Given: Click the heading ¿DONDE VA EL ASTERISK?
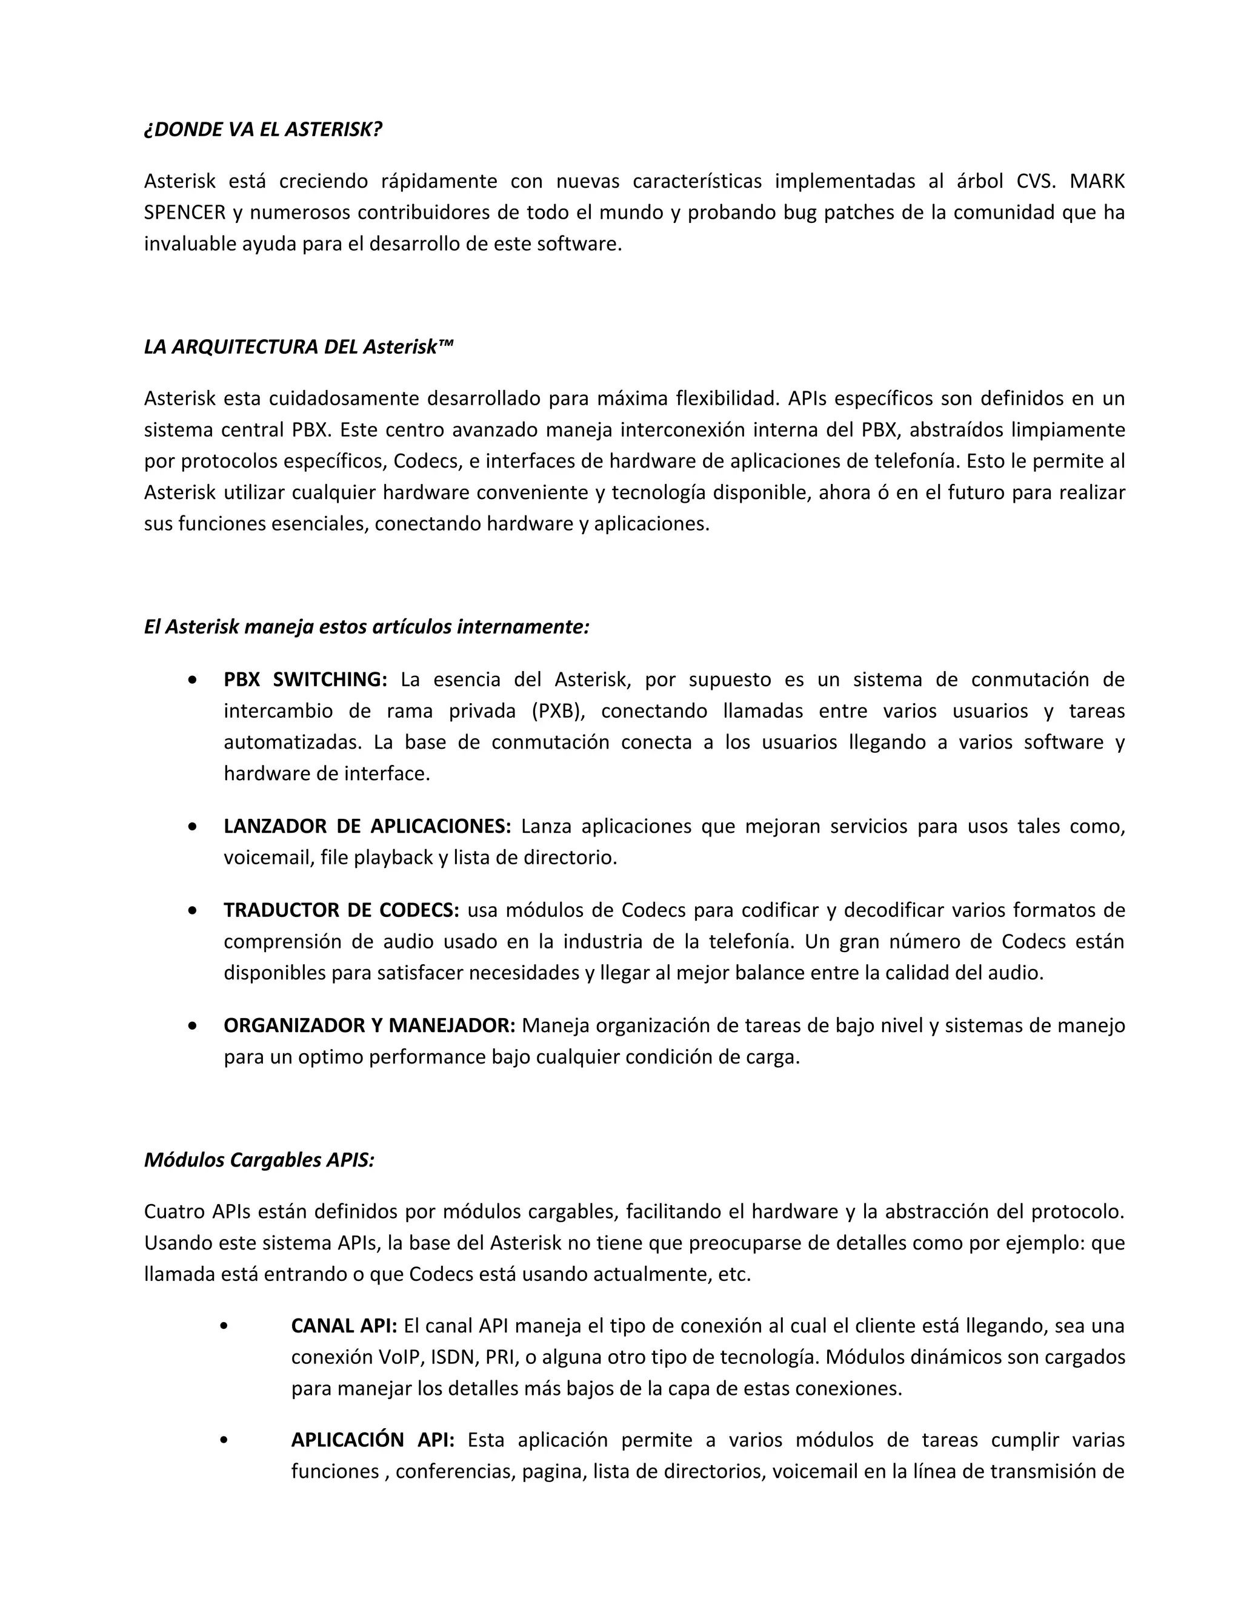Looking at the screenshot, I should [x=263, y=130].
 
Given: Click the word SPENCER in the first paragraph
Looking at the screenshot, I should [x=185, y=213].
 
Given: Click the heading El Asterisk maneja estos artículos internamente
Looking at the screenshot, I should [x=367, y=627].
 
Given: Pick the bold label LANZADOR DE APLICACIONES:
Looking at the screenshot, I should [x=367, y=826].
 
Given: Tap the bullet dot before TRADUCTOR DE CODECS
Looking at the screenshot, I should [x=193, y=910].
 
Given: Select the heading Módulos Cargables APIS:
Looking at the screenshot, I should [x=259, y=1160].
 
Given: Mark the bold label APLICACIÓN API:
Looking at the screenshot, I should [x=373, y=1440].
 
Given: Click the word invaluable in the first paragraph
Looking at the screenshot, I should [x=190, y=244].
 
